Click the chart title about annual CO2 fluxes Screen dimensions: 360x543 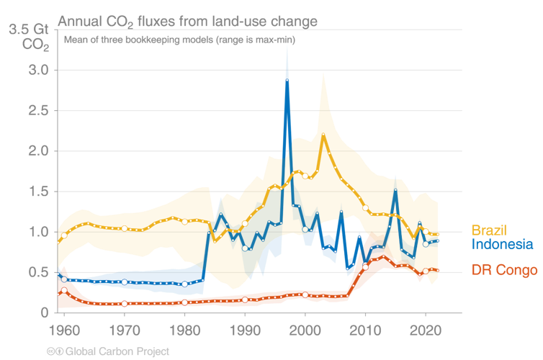(x=187, y=22)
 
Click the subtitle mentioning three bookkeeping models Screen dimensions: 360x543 (x=179, y=40)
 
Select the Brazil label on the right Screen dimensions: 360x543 (x=489, y=230)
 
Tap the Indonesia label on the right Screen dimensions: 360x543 (x=502, y=245)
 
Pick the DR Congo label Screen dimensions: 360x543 (x=504, y=271)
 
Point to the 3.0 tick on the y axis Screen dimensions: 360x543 (x=39, y=71)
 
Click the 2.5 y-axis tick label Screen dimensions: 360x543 (x=39, y=111)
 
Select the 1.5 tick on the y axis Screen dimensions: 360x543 (x=39, y=192)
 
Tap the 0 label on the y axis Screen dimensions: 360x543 (x=45, y=312)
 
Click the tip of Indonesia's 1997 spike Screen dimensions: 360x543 (x=287, y=45)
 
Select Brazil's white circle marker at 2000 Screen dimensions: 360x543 (x=305, y=176)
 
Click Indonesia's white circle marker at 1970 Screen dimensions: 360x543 (x=125, y=282)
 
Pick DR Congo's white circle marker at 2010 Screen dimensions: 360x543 (x=365, y=267)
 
